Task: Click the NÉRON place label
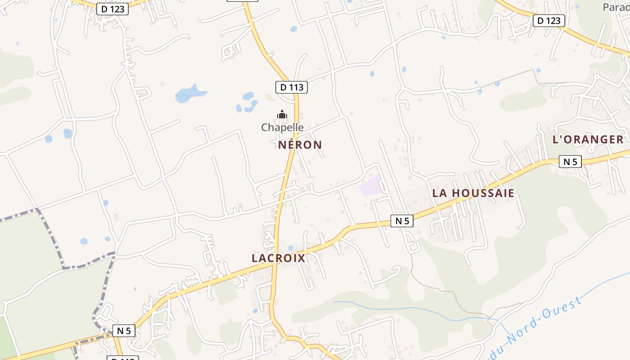(300, 145)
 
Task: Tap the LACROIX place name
(279, 258)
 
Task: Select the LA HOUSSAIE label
(473, 193)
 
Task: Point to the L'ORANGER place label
(588, 139)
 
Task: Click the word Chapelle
(282, 127)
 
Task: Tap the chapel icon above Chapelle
(282, 115)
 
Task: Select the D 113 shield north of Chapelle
(291, 87)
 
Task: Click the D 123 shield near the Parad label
(549, 21)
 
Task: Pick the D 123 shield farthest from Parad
(112, 9)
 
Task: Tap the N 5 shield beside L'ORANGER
(570, 162)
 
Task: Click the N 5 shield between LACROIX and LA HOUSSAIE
(401, 221)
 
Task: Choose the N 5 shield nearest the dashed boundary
(123, 331)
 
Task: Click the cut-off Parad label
(616, 7)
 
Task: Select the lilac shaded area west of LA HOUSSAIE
(370, 185)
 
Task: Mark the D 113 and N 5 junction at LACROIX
(275, 265)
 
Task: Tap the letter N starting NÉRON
(282, 145)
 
